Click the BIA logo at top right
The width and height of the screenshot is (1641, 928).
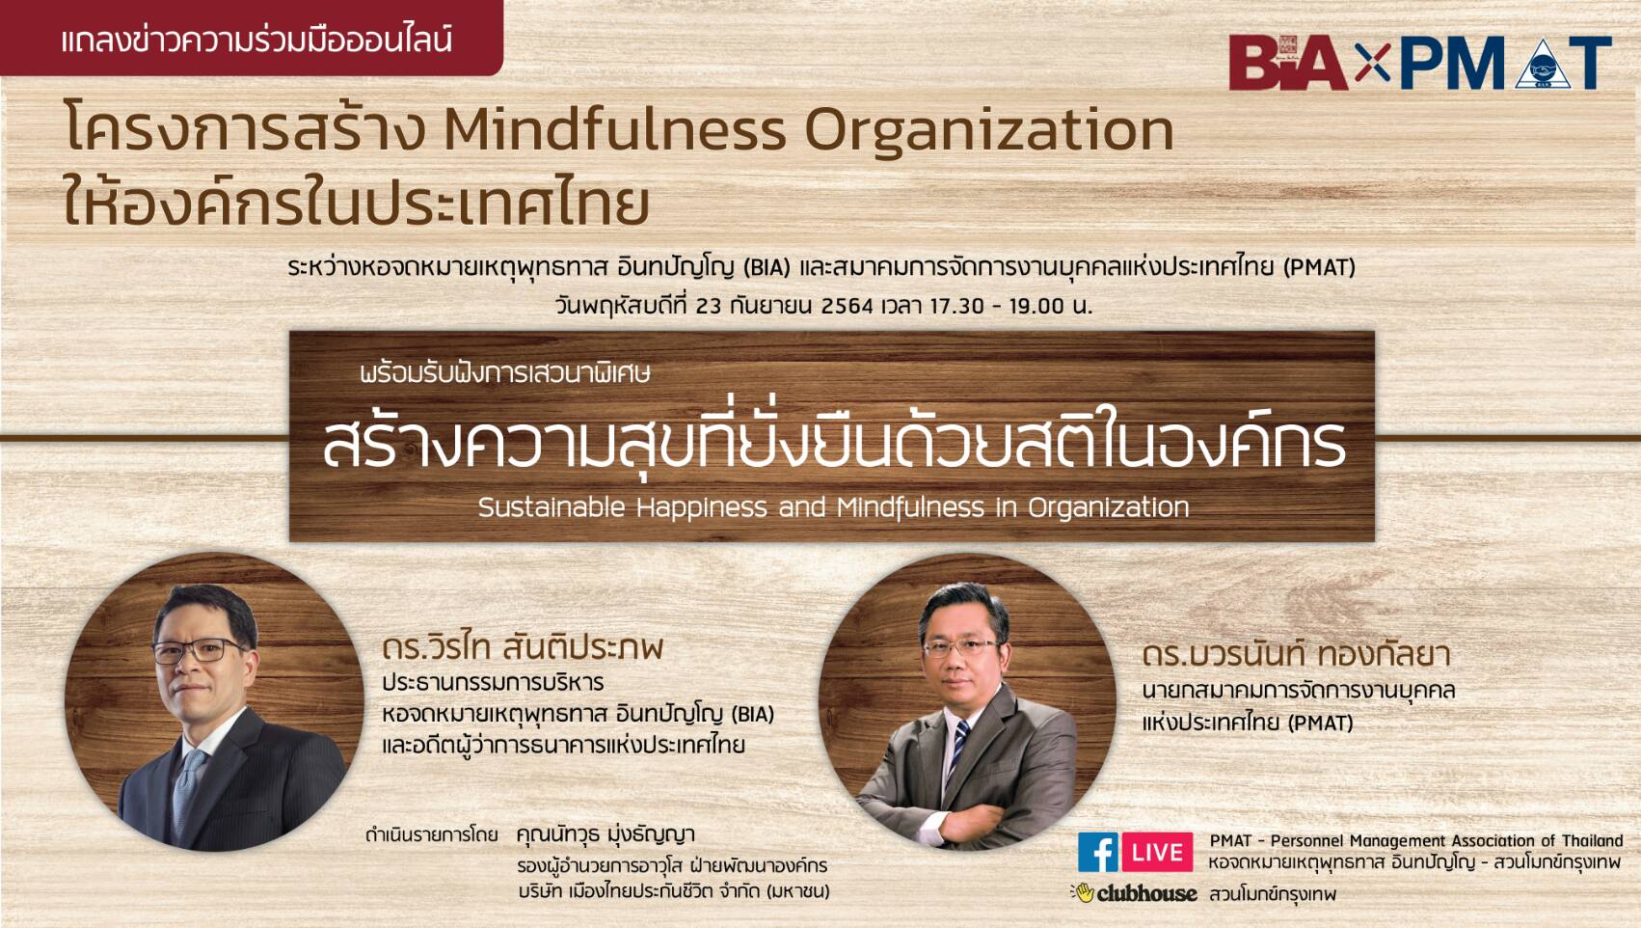1289,63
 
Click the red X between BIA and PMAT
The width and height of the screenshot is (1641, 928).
1372,63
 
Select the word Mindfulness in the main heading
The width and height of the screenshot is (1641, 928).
616,130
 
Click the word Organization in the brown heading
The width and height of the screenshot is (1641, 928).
989,133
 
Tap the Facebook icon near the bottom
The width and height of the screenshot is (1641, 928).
1097,852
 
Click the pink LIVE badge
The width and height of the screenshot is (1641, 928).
1157,852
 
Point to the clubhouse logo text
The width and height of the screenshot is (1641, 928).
1146,893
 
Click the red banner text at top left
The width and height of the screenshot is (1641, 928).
257,40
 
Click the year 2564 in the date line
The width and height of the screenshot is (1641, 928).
847,306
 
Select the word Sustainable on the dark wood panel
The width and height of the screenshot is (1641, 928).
551,507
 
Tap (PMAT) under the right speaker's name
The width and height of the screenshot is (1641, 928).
1320,723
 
